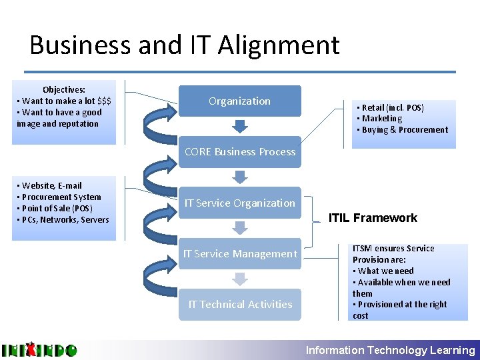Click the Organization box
click(x=239, y=101)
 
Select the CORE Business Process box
click(x=239, y=152)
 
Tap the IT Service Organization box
click(x=239, y=203)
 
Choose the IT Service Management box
click(x=239, y=253)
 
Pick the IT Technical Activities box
click(x=239, y=304)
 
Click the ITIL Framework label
click(x=373, y=218)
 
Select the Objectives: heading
click(x=64, y=89)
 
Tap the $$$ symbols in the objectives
click(x=104, y=101)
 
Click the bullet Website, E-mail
click(x=54, y=185)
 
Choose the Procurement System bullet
click(x=61, y=197)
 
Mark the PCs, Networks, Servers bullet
click(x=65, y=219)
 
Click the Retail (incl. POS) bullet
click(x=393, y=107)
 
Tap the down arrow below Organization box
click(x=239, y=126)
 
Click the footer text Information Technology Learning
click(x=390, y=350)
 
